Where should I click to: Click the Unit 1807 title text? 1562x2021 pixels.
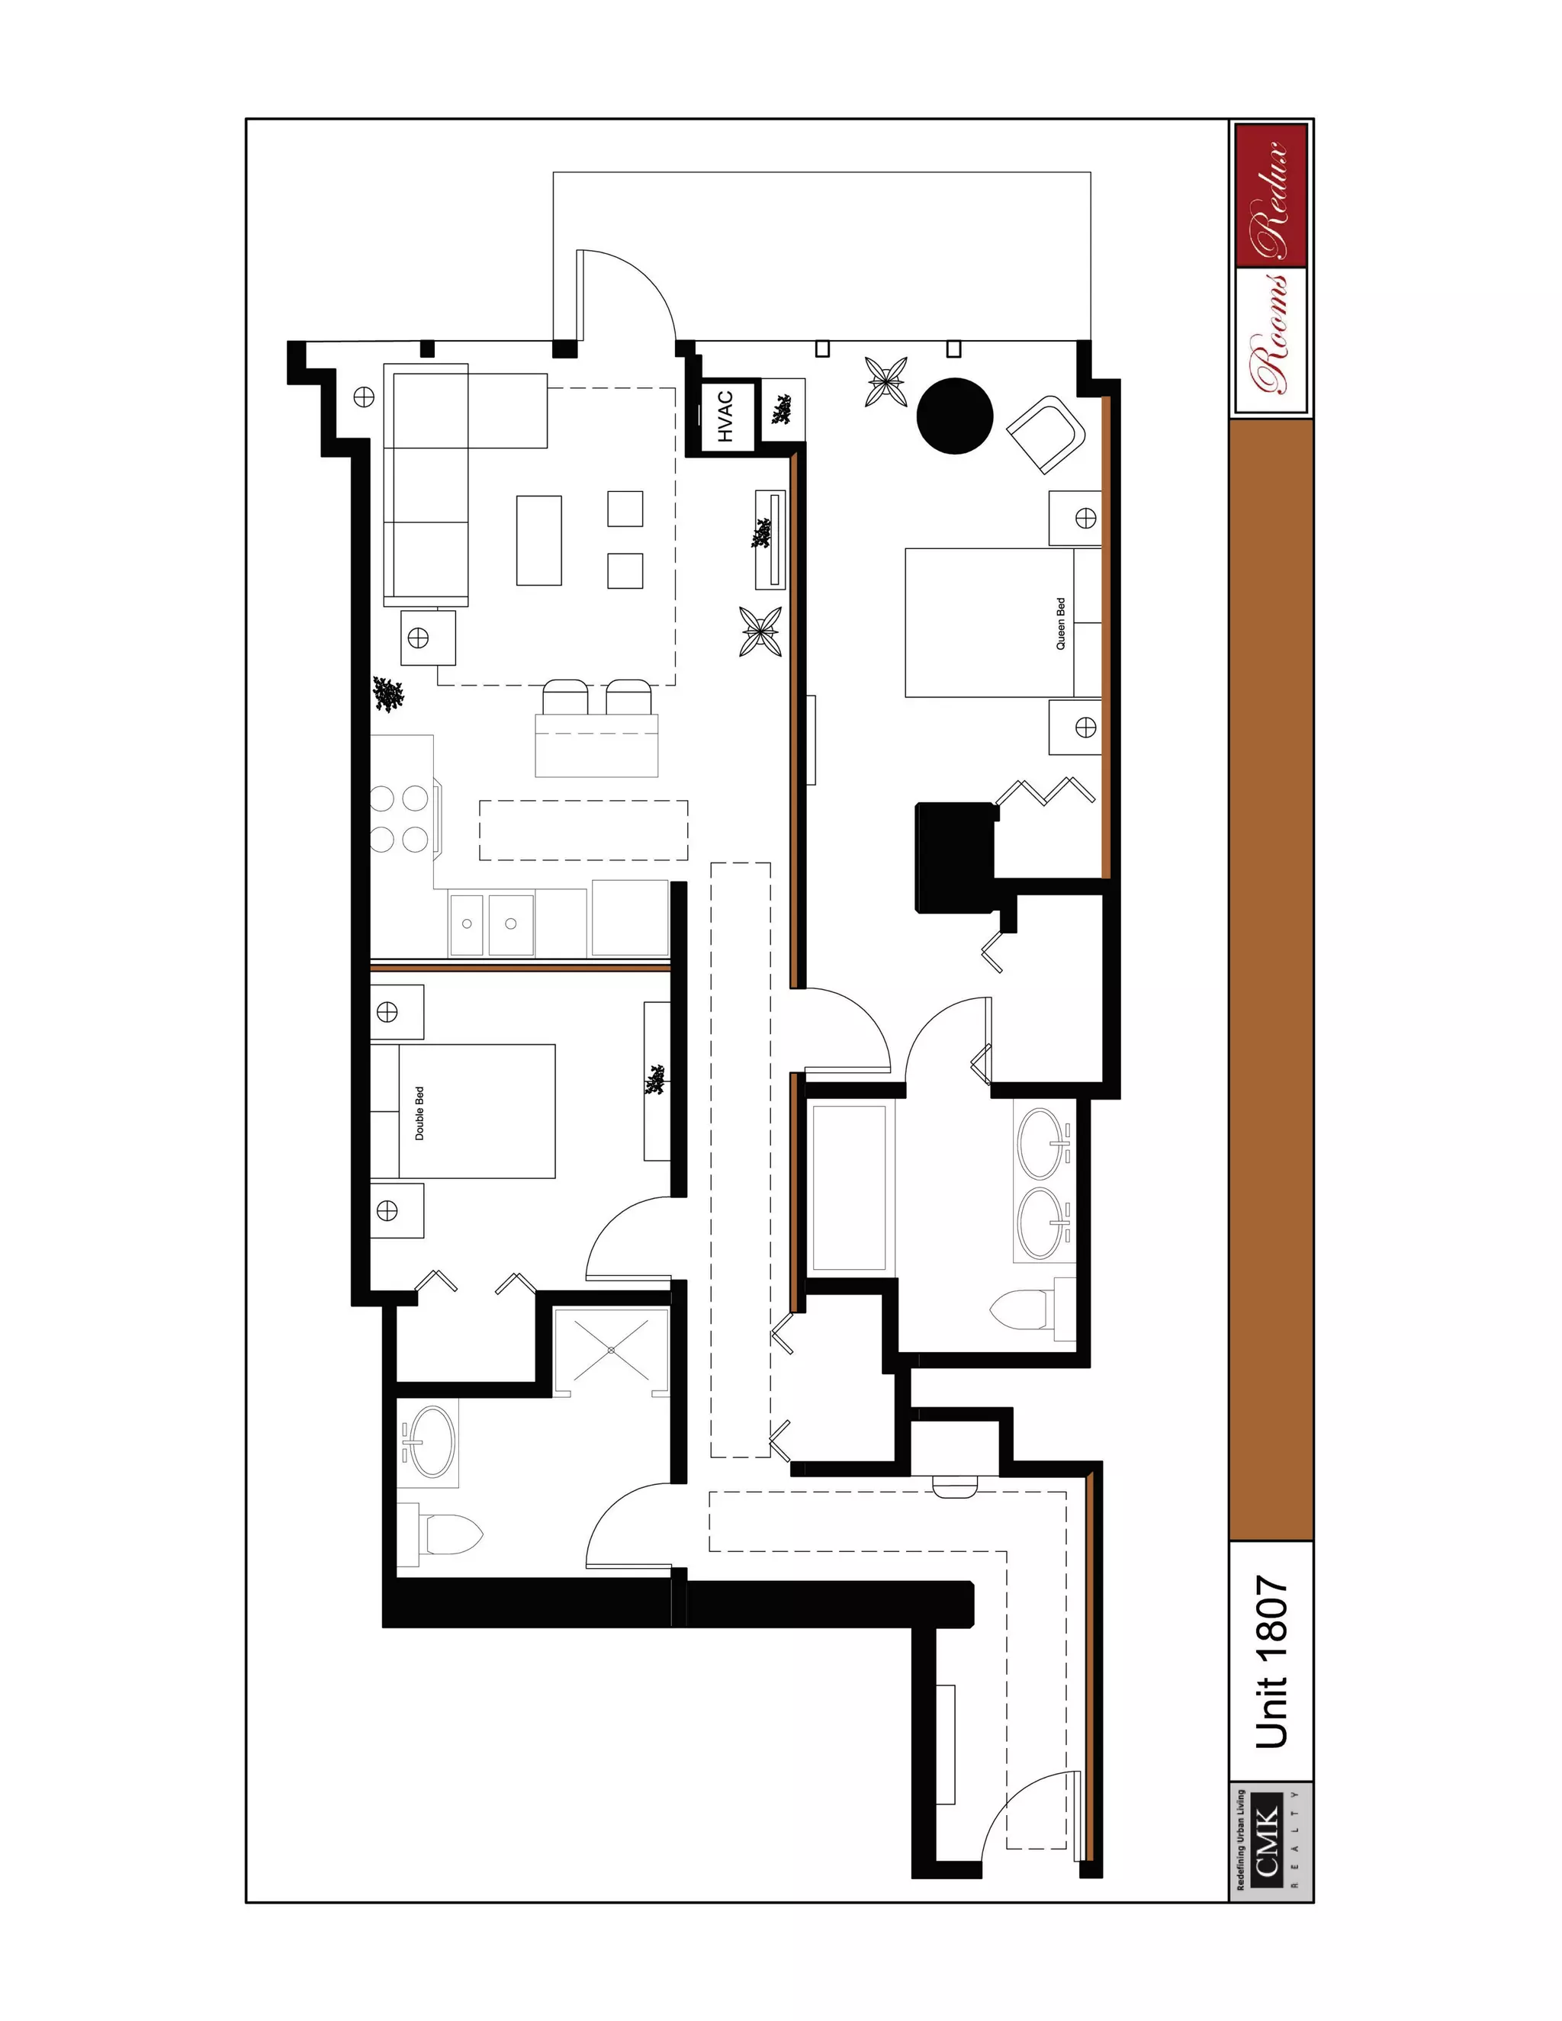pyautogui.click(x=1271, y=1663)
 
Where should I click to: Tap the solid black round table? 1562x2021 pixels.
pyautogui.click(x=955, y=416)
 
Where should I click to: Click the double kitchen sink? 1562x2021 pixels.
pyautogui.click(x=491, y=923)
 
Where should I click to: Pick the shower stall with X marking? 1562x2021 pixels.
pyautogui.click(x=611, y=1350)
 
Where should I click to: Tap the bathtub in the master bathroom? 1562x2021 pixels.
pyautogui.click(x=850, y=1187)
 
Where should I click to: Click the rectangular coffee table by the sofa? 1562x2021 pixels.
pyautogui.click(x=538, y=541)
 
